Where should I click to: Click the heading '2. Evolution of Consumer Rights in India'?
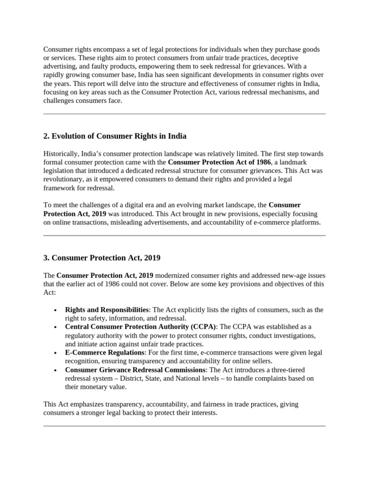click(x=115, y=136)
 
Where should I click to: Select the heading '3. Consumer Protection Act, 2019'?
click(x=102, y=258)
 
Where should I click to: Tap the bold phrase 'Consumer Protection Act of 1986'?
click(x=219, y=162)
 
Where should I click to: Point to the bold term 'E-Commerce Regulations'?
click(x=105, y=353)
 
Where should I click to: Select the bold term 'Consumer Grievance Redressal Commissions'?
click(x=135, y=370)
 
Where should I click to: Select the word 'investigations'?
click(x=294, y=335)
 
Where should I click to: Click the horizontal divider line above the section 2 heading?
click(x=184, y=114)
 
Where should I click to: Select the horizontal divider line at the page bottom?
click(x=184, y=426)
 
